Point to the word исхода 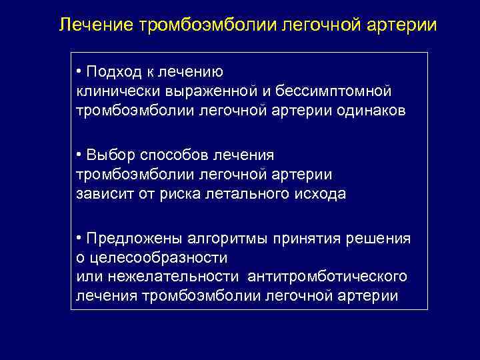(322, 193)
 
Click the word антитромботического (327, 277)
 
